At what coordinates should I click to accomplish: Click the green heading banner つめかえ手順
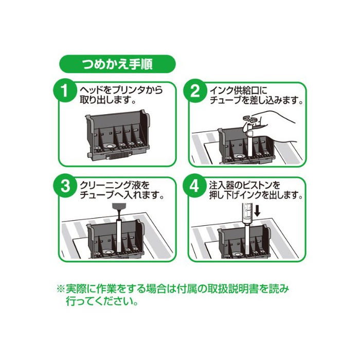coord(118,64)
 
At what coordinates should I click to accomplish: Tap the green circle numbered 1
coord(65,91)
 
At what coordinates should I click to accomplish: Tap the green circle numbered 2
coord(195,91)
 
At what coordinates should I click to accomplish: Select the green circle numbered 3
coord(65,186)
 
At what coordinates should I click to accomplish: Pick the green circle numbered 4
coord(195,186)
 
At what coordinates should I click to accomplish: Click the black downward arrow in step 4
coord(258,211)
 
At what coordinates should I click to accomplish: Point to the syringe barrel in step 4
coord(247,213)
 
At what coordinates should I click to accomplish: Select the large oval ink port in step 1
coord(109,146)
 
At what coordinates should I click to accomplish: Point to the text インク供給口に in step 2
coord(239,90)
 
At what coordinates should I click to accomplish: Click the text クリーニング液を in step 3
coord(115,185)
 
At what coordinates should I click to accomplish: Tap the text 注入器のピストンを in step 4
coord(245,185)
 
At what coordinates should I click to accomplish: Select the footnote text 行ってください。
coord(102,301)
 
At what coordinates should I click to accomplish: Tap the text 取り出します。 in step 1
coord(107,101)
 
